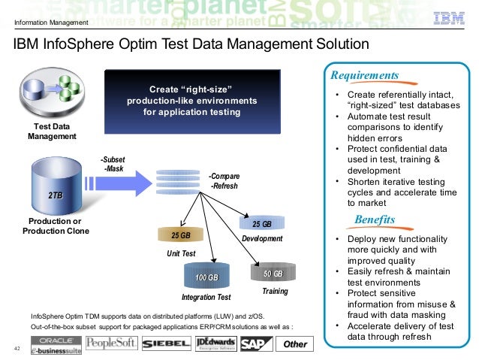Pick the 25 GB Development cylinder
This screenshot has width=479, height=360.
pyautogui.click(x=261, y=224)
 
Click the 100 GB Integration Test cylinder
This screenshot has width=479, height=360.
pyautogui.click(x=206, y=279)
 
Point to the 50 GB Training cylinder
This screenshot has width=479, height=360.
pyautogui.click(x=273, y=273)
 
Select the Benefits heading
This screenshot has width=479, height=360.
pyautogui.click(x=374, y=219)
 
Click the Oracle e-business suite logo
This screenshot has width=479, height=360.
pyautogui.click(x=56, y=343)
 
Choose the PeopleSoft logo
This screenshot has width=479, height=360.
pyautogui.click(x=112, y=343)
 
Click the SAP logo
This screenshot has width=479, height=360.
pyautogui.click(x=256, y=343)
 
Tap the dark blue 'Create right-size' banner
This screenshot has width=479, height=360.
pyautogui.click(x=191, y=100)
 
